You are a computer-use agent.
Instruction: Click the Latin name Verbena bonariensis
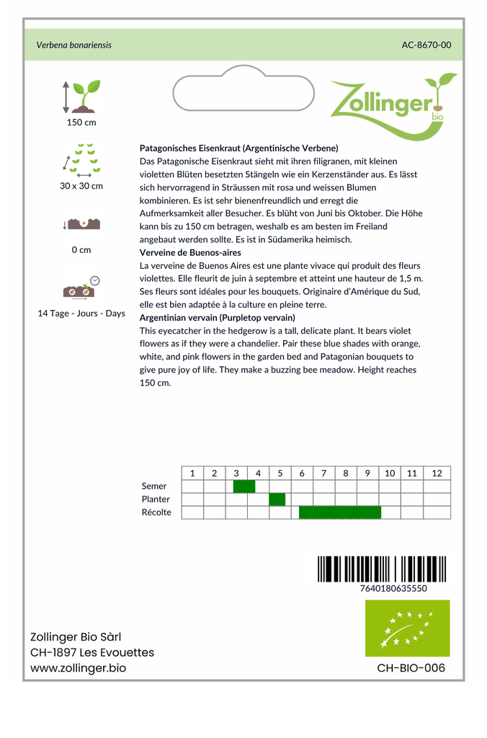(x=73, y=45)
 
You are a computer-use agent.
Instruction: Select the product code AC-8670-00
(x=426, y=45)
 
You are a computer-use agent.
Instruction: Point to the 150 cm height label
(x=81, y=123)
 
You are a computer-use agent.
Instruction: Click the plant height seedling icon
(x=81, y=96)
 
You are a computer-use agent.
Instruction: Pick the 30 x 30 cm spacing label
(x=81, y=186)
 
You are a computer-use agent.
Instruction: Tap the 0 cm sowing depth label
(x=81, y=250)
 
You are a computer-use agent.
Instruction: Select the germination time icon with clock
(x=81, y=287)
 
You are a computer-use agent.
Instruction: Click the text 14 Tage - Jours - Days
(x=81, y=314)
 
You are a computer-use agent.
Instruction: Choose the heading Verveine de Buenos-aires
(x=190, y=253)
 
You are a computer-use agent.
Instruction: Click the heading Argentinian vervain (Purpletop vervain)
(x=217, y=318)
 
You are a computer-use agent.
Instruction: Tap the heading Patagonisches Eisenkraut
(x=238, y=148)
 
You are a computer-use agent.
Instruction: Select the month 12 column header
(x=437, y=474)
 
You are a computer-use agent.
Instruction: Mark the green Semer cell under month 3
(x=244, y=486)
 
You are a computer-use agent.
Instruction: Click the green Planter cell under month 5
(x=277, y=499)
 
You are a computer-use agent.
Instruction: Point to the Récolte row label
(x=156, y=512)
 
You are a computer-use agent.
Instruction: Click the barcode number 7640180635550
(x=393, y=588)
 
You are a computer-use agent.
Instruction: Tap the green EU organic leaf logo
(x=407, y=628)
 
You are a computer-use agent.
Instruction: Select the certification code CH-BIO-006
(x=411, y=668)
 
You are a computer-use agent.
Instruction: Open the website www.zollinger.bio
(x=78, y=668)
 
